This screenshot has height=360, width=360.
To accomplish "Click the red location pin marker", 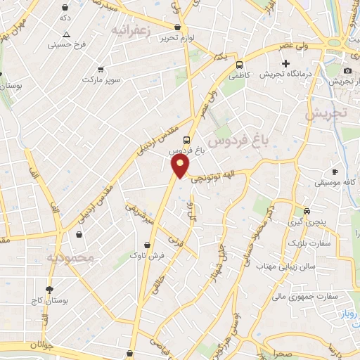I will (x=181, y=166).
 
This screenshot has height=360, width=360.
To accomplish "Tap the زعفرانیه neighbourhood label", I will (x=130, y=30).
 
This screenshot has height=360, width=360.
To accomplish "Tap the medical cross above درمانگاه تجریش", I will (x=285, y=64).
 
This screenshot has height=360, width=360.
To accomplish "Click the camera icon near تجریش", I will (x=347, y=71).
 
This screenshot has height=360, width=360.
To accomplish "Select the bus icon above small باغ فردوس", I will (x=186, y=139).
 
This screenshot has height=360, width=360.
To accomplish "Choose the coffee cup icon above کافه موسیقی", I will (x=335, y=172).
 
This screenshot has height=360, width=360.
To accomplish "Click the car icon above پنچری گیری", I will (x=306, y=211).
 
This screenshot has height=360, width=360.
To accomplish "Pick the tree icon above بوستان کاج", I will (x=49, y=289).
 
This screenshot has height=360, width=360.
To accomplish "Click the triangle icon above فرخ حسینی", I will (x=66, y=34).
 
